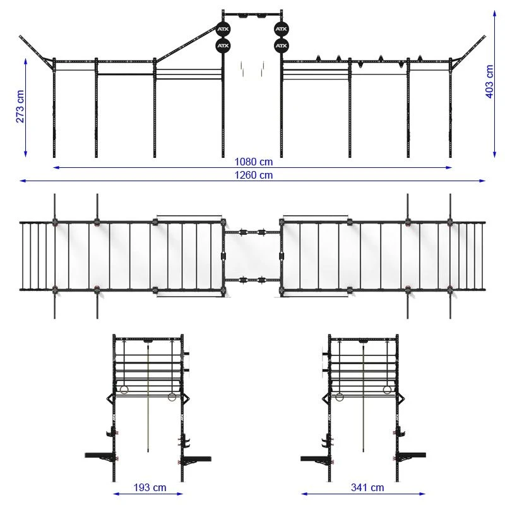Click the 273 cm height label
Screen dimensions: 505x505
coord(20,106)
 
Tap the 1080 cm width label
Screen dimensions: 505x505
coord(254,162)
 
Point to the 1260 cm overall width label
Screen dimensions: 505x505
coord(254,175)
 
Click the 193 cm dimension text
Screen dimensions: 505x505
coord(150,487)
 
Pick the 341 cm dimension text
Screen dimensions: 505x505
coord(367,487)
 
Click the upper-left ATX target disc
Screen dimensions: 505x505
coord(223,29)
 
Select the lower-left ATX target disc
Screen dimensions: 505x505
coord(223,45)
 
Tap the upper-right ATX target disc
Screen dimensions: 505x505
coord(281,29)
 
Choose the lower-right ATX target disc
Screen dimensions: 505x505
coord(281,45)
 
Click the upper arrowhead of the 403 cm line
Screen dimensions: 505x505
coord(494,13)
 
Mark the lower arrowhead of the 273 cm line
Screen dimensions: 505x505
coord(25,154)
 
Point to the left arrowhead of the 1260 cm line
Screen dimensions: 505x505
coord(23,181)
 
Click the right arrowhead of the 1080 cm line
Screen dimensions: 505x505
coord(449,167)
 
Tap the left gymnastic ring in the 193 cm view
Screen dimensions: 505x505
coord(124,390)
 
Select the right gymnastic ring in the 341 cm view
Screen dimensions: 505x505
coord(387,390)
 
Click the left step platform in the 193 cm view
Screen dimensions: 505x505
coord(100,455)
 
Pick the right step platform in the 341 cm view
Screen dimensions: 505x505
coord(412,455)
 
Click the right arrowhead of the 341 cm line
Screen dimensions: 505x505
coord(422,494)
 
